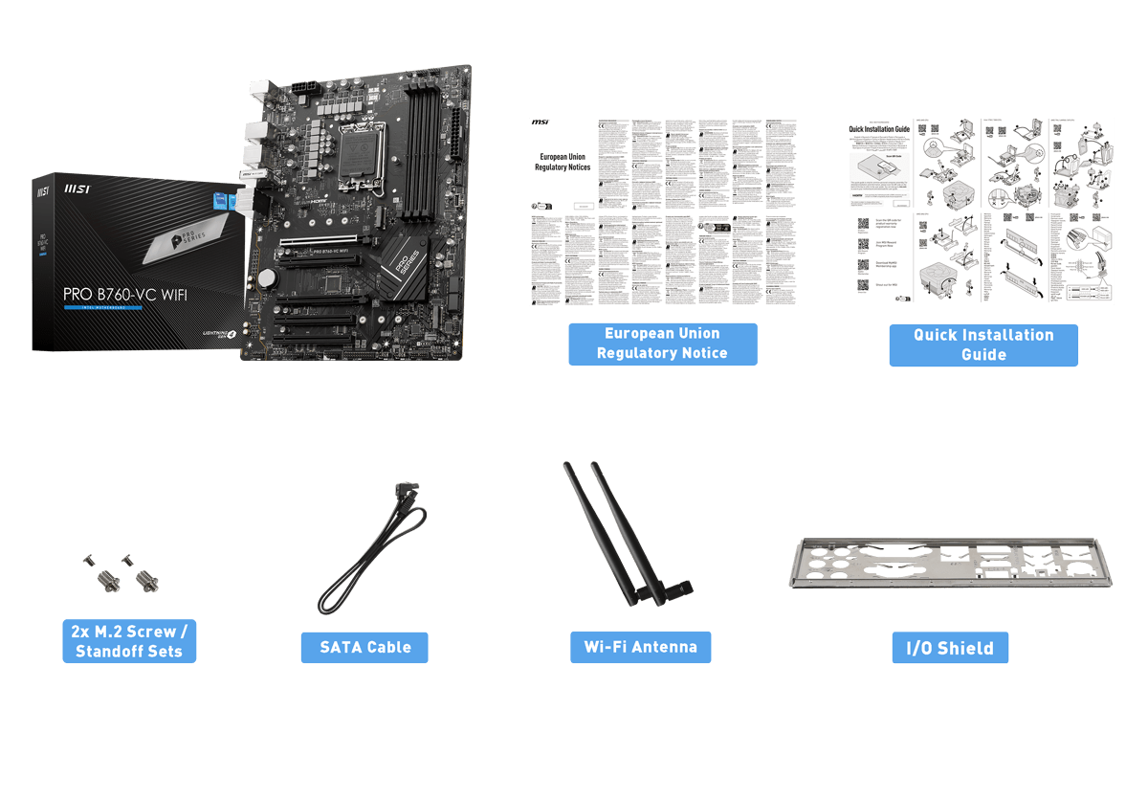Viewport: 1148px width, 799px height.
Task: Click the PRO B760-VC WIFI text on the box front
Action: (124, 294)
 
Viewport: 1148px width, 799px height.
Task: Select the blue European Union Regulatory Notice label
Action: (662, 344)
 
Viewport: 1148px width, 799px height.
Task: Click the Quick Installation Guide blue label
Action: (982, 344)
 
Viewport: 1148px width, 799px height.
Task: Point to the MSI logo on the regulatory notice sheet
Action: (541, 123)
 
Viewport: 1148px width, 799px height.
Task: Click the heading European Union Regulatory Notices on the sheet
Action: (563, 161)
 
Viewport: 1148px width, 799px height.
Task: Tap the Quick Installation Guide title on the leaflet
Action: (879, 128)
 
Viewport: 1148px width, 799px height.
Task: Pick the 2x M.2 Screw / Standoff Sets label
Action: (129, 641)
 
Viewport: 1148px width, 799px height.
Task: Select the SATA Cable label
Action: (364, 647)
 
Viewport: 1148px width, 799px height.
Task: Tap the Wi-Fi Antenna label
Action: (640, 646)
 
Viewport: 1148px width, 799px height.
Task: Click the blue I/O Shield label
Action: (949, 648)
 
